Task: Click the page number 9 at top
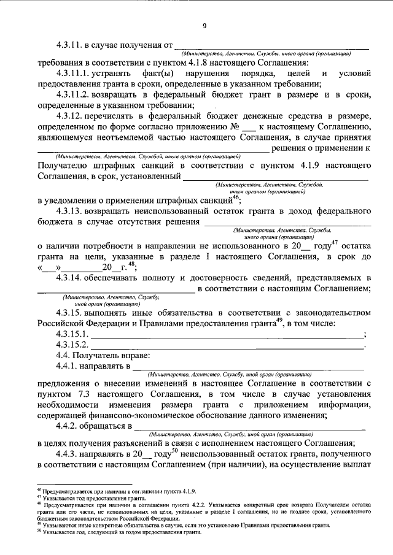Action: click(204, 25)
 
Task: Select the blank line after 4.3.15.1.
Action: click(227, 334)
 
